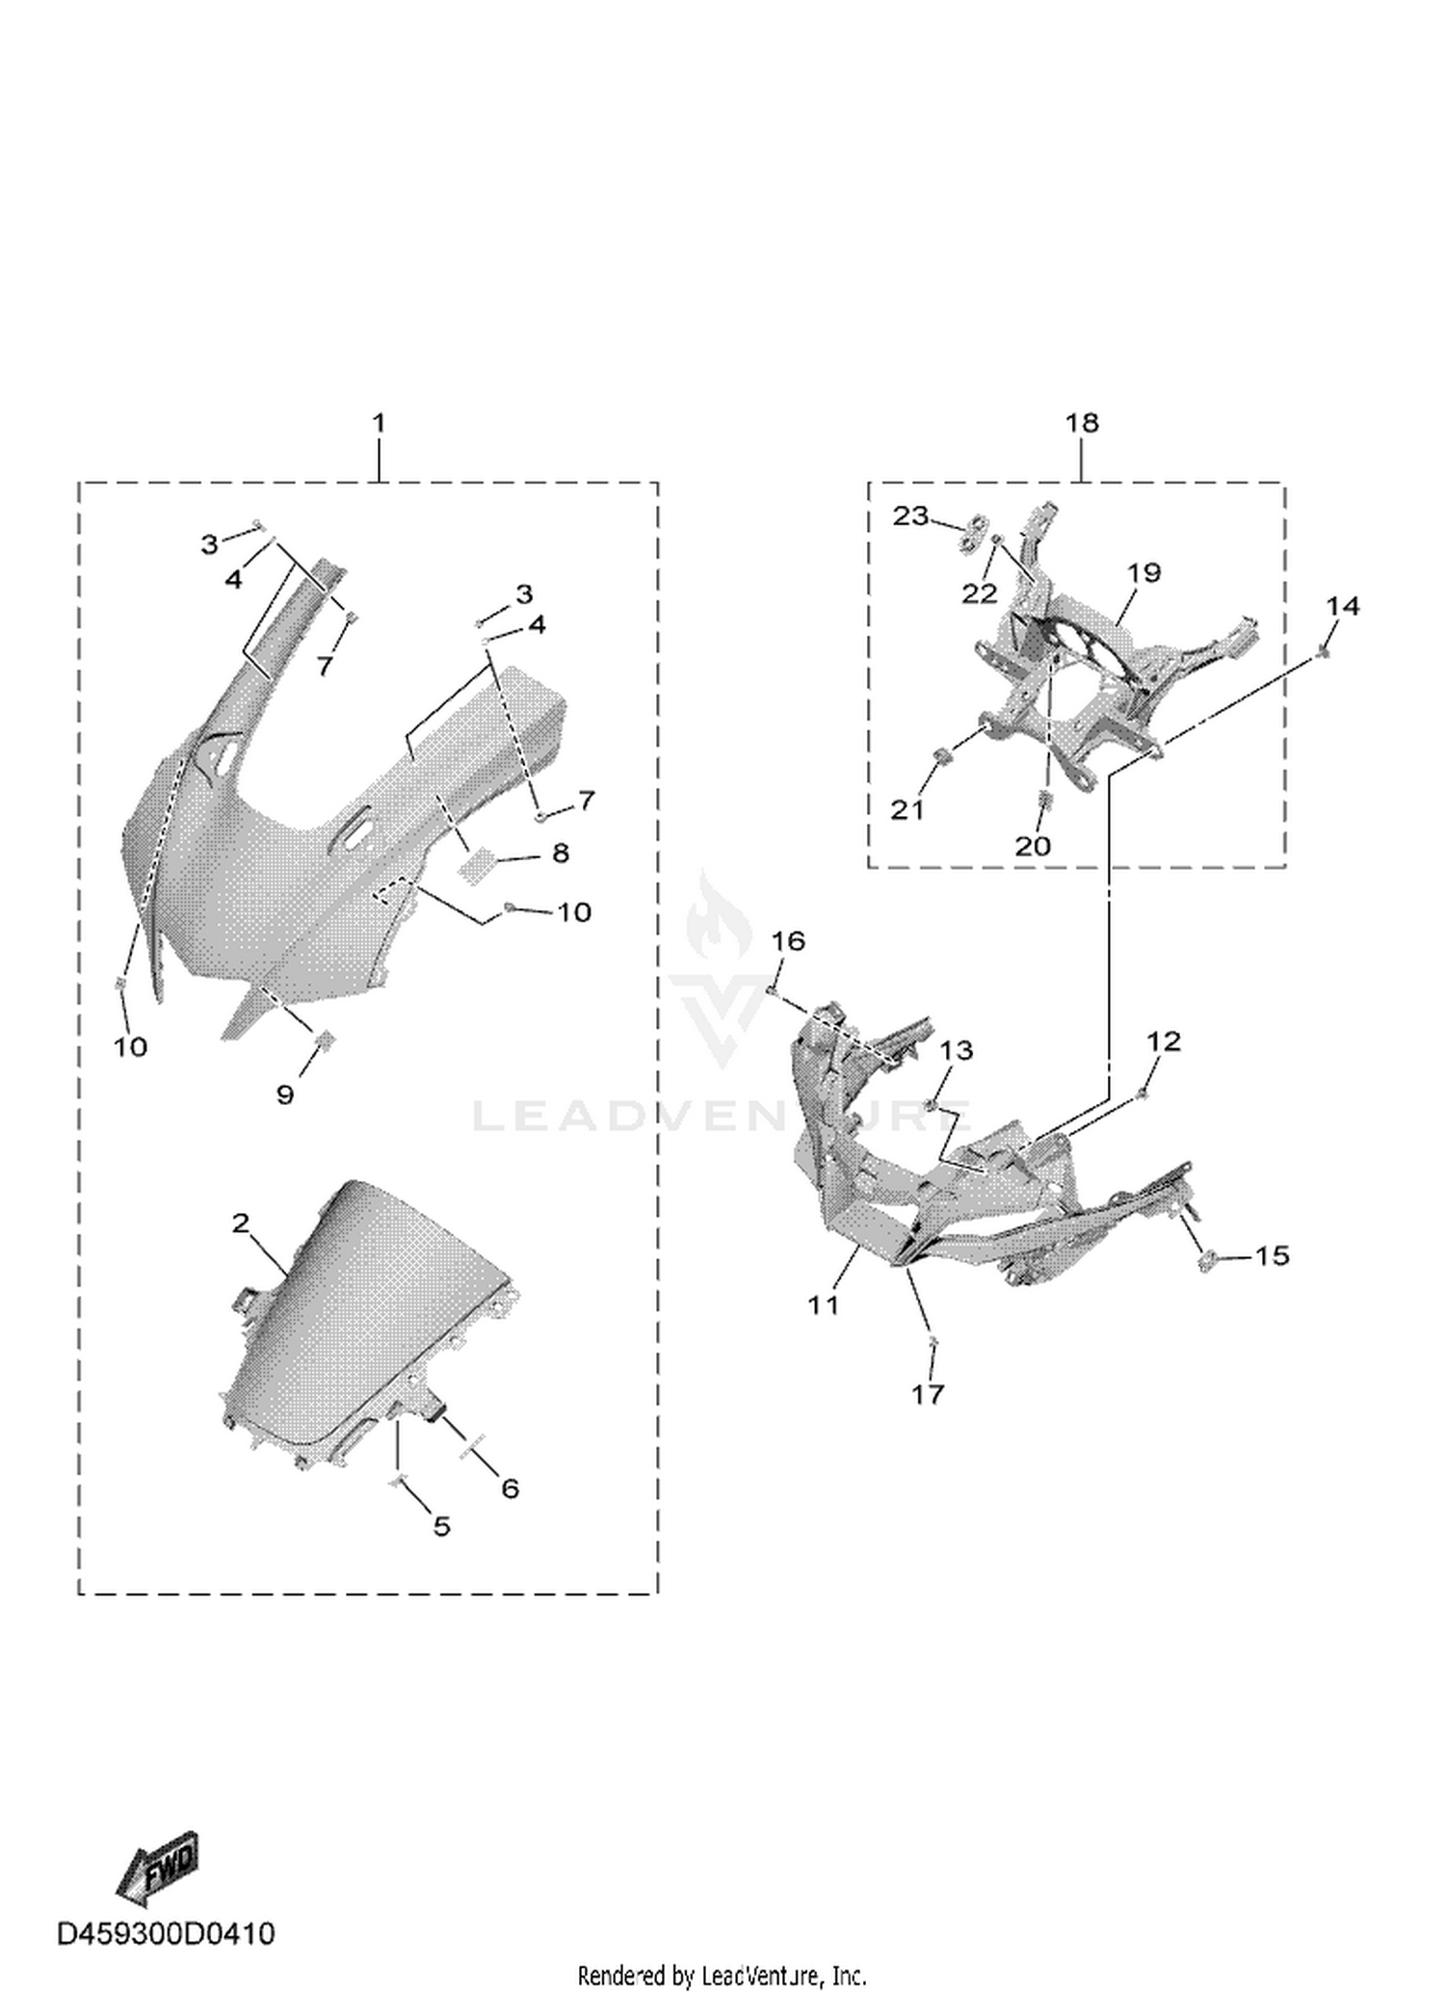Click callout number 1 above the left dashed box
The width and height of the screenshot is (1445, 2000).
pos(379,423)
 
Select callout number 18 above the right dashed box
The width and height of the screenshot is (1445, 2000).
pos(1082,423)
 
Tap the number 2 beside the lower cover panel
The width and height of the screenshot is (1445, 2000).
pos(241,1224)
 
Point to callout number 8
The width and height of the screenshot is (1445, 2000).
pos(561,853)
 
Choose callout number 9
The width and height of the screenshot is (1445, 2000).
pos(285,1094)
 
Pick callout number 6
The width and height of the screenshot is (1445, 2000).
pos(511,1488)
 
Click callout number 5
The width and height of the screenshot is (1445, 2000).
pos(441,1526)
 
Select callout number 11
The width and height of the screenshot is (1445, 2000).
pos(824,1305)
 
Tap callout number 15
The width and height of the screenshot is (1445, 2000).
pos(1272,1255)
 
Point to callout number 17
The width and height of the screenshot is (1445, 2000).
pos(928,1393)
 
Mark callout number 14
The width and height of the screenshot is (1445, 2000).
pos(1343,606)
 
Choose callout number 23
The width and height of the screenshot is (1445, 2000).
pos(911,516)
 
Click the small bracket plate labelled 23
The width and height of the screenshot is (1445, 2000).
pos(975,531)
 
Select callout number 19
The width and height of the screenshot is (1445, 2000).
pos(1144,572)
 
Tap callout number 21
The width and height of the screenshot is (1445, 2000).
pos(906,810)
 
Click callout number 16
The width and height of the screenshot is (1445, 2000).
pos(788,940)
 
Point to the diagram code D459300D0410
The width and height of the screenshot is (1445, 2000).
pos(166,1934)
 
